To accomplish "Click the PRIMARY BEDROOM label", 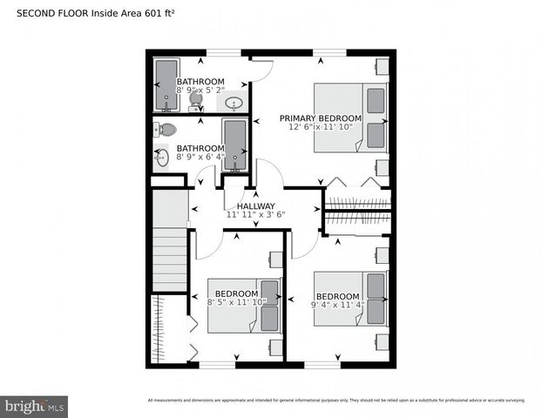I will pos(320,118).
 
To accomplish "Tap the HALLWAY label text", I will pos(255,206).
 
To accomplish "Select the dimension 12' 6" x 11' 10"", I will pos(320,127).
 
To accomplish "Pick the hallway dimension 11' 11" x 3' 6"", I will pos(255,214).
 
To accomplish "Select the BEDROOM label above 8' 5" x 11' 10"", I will pos(236,293).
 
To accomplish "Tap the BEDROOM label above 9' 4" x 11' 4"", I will pos(337,296).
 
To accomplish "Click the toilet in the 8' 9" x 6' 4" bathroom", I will pos(165,130).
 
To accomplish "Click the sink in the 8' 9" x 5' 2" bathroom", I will pos(234,104).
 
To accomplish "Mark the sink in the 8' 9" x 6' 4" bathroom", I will pos(162,158).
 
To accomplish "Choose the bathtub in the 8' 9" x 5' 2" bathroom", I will pos(166,85).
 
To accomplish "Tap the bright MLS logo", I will pos(35,406).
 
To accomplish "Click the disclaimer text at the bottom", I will pos(336,401).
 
